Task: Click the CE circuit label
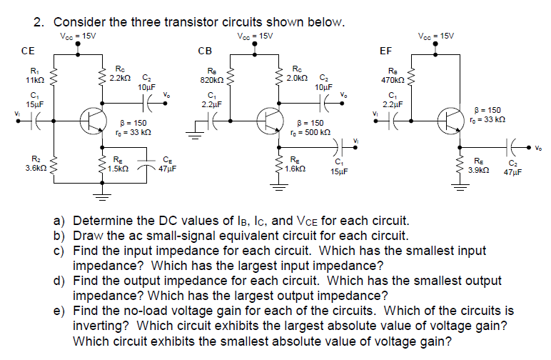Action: [x=28, y=51]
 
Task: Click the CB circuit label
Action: [x=204, y=51]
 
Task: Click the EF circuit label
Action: [x=385, y=51]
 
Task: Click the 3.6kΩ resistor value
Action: [x=36, y=169]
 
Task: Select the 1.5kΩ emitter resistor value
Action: [x=118, y=169]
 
